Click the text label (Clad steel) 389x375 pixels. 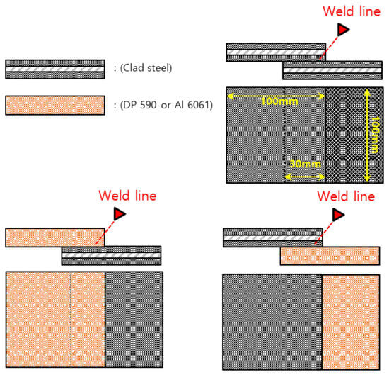pyautogui.click(x=146, y=68)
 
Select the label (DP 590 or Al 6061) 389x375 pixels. pyautogui.click(x=166, y=105)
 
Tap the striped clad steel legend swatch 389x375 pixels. pyautogui.click(x=55, y=69)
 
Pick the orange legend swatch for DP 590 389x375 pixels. pyautogui.click(x=55, y=106)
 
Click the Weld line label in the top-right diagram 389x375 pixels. pyautogui.click(x=352, y=11)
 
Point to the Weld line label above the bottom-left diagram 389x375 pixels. pyautogui.click(x=127, y=196)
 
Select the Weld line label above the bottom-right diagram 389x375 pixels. pyautogui.click(x=346, y=196)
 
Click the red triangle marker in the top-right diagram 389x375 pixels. pyautogui.click(x=343, y=29)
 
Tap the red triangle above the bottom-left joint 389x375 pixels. pyautogui.click(x=120, y=214)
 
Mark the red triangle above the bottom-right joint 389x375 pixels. pyautogui.click(x=338, y=215)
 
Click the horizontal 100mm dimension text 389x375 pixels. pyautogui.click(x=279, y=101)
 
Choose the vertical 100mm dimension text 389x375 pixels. pyautogui.click(x=375, y=135)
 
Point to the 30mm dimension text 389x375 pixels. pyautogui.click(x=305, y=164)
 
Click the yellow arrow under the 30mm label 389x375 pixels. pyautogui.click(x=305, y=177)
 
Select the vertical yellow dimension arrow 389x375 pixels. pyautogui.click(x=367, y=135)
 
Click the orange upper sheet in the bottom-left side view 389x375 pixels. pyautogui.click(x=55, y=237)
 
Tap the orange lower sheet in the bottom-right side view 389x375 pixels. pyautogui.click(x=330, y=256)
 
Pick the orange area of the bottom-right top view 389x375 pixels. pyautogui.click(x=351, y=322)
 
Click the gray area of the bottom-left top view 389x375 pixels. pyautogui.click(x=134, y=319)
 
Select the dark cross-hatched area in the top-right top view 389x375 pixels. pyautogui.click(x=354, y=135)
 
